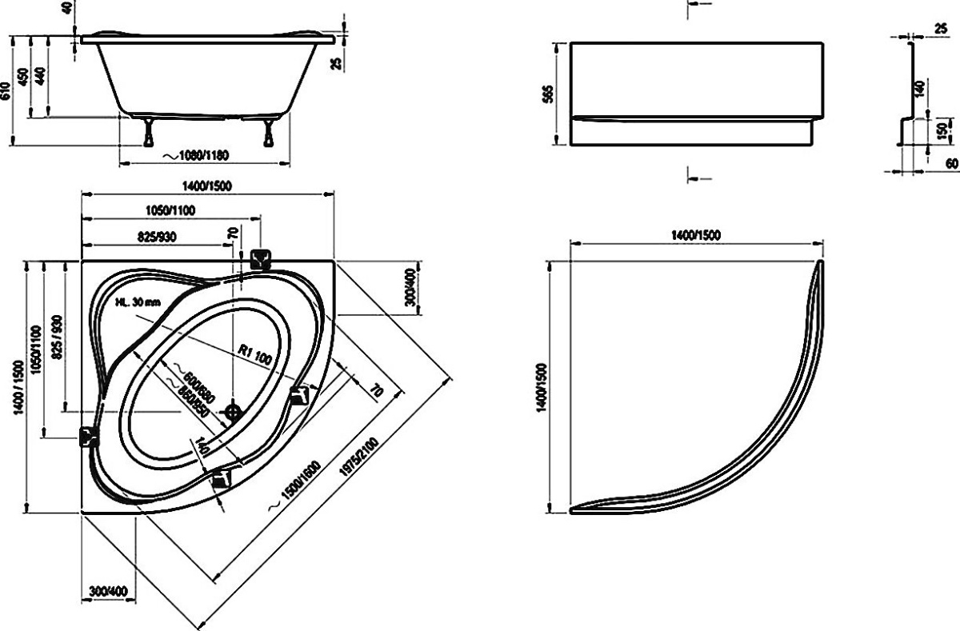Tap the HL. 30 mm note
(x=138, y=302)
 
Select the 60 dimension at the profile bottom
(x=952, y=163)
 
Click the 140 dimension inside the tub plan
(x=202, y=447)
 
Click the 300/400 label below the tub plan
(x=108, y=591)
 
